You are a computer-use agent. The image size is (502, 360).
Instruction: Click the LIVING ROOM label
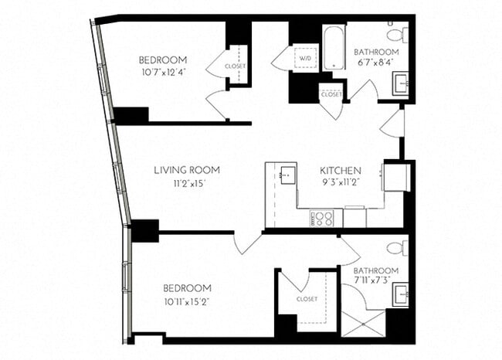click(x=186, y=170)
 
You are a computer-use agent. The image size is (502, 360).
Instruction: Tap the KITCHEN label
click(x=341, y=170)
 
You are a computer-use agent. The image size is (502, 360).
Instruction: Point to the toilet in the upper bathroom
click(x=397, y=34)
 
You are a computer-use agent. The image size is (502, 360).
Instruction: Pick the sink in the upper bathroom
click(x=400, y=83)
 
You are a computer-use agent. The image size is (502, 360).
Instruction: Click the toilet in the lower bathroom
click(x=396, y=248)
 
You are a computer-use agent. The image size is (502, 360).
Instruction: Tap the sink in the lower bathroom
click(x=399, y=294)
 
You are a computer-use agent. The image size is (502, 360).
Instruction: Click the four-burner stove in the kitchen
click(x=322, y=218)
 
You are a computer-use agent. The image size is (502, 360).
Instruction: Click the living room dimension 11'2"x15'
click(x=186, y=184)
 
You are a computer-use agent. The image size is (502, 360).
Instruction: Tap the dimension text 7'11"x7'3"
click(x=375, y=282)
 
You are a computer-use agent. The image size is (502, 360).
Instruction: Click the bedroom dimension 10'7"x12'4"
click(x=163, y=73)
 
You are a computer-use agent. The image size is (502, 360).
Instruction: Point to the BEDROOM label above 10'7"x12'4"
click(x=163, y=60)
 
